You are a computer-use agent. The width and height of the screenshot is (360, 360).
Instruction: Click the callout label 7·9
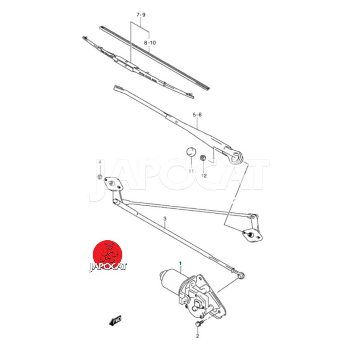point(141,15)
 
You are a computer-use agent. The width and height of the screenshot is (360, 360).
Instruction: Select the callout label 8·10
point(150,43)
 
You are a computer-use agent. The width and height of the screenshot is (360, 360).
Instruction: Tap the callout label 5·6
point(197,115)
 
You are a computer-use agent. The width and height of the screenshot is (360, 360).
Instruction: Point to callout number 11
point(191,171)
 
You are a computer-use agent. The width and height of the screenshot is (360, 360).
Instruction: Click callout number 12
point(204,175)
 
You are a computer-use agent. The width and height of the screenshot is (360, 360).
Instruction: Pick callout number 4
point(99,162)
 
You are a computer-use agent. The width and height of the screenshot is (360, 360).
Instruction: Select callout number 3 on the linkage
point(165,219)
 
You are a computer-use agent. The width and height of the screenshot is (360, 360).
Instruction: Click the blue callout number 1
point(180,263)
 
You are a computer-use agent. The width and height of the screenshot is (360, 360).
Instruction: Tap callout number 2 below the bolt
point(198,336)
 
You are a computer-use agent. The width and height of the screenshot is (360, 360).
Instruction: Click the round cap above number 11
point(191,152)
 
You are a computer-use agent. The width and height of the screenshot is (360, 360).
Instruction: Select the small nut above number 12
point(203,158)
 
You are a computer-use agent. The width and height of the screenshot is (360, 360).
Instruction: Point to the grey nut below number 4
point(100,177)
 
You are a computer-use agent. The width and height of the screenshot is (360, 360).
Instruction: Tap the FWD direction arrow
point(116,320)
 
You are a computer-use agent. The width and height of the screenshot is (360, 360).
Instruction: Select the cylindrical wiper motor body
point(173,282)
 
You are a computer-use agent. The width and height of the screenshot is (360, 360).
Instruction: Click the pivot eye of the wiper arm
point(236,157)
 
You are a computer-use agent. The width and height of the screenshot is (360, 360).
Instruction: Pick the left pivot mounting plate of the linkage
point(113,184)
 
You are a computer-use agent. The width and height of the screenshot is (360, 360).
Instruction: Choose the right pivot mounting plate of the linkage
point(252,236)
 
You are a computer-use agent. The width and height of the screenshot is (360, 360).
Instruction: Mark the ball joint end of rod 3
point(240,275)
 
